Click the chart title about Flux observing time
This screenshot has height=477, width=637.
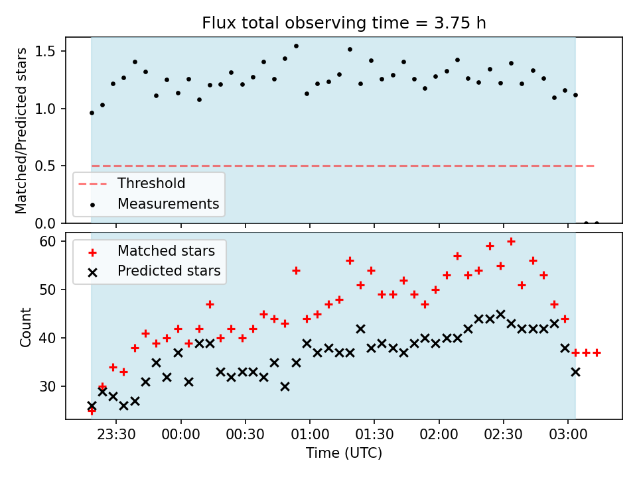[x=344, y=23]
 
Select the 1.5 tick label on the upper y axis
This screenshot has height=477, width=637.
[x=45, y=51]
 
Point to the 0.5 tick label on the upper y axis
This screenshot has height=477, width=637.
[x=45, y=166]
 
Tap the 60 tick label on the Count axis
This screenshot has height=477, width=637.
[x=48, y=241]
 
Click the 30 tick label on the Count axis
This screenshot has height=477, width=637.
[x=48, y=386]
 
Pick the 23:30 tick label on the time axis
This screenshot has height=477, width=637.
[x=116, y=435]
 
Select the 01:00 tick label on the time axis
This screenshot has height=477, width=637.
[x=310, y=435]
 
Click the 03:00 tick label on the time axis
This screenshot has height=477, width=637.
[x=568, y=435]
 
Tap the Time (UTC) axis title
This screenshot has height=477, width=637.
[x=344, y=452]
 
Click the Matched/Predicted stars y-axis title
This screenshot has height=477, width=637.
[x=21, y=131]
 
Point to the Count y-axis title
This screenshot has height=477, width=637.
[x=25, y=327]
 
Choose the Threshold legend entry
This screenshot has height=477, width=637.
[x=151, y=184]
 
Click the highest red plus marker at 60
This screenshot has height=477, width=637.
[x=511, y=242]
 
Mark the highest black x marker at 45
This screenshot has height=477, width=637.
[x=500, y=314]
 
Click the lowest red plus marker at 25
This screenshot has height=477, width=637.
[x=92, y=411]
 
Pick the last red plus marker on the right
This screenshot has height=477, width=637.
[x=597, y=353]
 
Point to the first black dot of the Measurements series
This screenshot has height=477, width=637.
[x=92, y=113]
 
